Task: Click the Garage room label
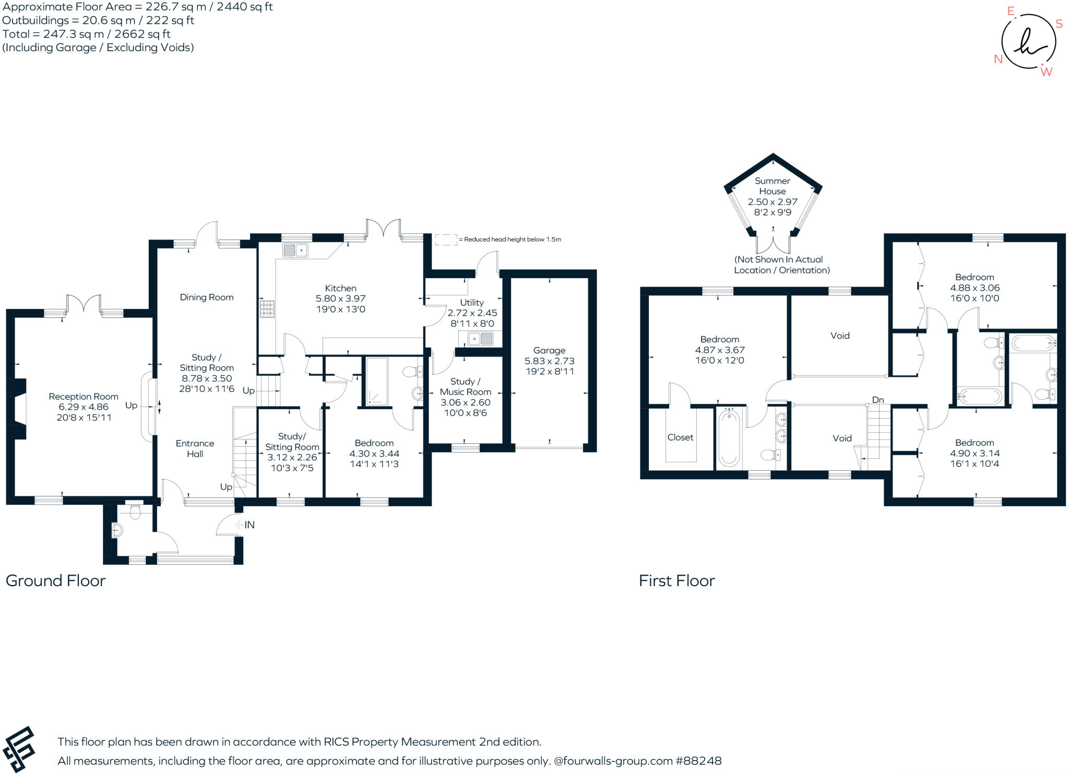[549, 351]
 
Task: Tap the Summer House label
[773, 186]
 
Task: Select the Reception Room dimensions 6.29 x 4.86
[84, 407]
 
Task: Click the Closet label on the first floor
[680, 437]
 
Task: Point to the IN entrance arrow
[245, 525]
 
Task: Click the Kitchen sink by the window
[295, 251]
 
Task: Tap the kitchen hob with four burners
[267, 308]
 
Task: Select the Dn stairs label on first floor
[878, 400]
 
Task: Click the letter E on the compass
[1011, 11]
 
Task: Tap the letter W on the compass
[1046, 72]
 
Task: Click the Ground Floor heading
[56, 580]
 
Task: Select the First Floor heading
[676, 580]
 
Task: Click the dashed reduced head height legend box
[446, 240]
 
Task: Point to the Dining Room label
[207, 297]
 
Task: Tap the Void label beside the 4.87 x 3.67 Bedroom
[840, 336]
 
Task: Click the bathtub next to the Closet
[729, 437]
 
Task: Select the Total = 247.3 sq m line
[87, 34]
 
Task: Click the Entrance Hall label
[195, 448]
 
